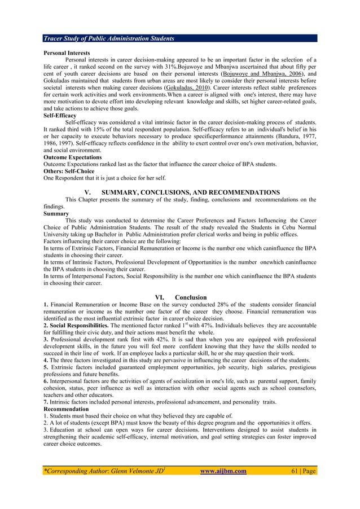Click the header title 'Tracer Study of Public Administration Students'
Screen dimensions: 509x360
click(109, 38)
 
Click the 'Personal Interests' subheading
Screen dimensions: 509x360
click(67, 53)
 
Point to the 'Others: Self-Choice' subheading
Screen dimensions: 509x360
click(69, 170)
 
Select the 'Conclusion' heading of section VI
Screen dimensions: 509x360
click(191, 297)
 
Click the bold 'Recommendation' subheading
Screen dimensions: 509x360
click(66, 409)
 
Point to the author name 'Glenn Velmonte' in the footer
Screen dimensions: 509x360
click(116, 471)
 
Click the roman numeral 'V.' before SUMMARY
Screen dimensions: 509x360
click(87, 192)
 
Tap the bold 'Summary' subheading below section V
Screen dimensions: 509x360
click(56, 214)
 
